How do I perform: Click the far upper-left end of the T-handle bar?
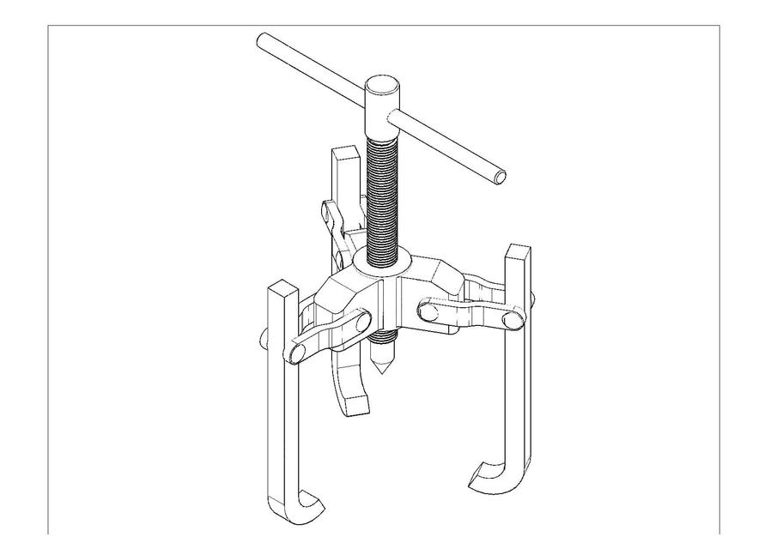click(x=262, y=41)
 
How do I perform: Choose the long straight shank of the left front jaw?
click(x=282, y=403)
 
